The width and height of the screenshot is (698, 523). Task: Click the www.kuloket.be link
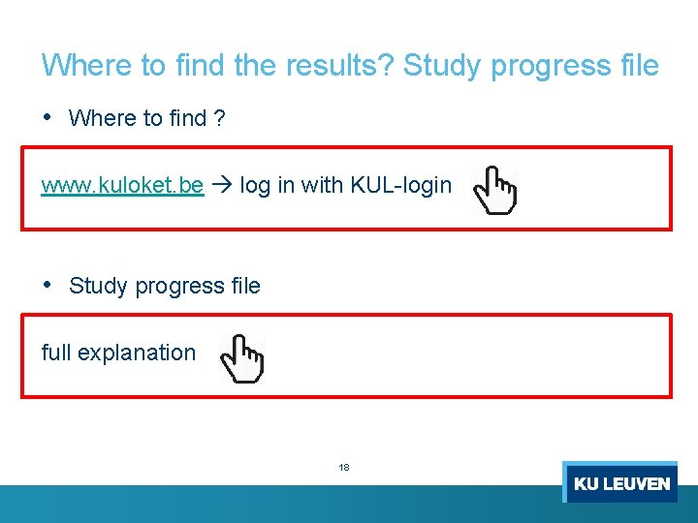click(122, 185)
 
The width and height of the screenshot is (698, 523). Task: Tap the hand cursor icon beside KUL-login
click(494, 190)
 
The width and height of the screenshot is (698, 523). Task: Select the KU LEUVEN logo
click(620, 482)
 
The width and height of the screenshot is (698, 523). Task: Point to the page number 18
click(344, 467)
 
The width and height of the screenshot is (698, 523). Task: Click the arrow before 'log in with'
click(221, 185)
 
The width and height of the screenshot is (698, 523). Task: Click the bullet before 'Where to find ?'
click(48, 117)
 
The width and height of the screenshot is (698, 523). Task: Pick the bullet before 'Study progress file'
click(48, 285)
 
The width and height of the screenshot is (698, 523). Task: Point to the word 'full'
click(56, 354)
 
